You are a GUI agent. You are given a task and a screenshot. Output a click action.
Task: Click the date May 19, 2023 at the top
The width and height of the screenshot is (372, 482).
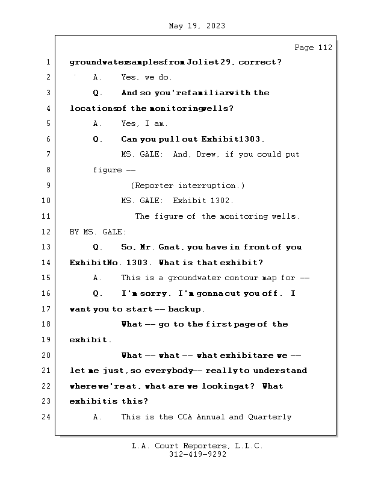tap(197, 26)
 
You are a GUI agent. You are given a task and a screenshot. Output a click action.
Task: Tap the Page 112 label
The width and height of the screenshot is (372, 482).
tap(312, 48)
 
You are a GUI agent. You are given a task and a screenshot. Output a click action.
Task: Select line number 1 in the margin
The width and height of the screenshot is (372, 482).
tap(48, 62)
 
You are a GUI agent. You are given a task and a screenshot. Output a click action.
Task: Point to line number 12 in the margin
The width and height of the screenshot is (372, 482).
tap(46, 232)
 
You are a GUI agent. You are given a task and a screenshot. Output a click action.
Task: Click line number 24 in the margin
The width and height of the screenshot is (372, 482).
tap(46, 417)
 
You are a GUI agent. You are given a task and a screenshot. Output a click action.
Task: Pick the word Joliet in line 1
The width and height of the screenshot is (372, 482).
tap(202, 62)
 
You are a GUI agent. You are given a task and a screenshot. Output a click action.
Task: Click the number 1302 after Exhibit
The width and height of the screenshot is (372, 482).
tap(223, 201)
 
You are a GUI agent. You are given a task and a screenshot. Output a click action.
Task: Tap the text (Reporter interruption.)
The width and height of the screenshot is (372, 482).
tap(188, 186)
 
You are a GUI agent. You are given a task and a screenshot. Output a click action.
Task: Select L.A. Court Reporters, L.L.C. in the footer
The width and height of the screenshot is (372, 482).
tap(197, 446)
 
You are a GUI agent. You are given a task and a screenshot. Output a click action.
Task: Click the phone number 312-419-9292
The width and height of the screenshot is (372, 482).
tap(197, 455)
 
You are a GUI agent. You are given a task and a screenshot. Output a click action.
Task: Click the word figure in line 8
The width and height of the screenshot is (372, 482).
tap(107, 170)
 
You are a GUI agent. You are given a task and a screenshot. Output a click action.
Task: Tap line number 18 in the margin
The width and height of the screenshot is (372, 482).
tap(46, 324)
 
